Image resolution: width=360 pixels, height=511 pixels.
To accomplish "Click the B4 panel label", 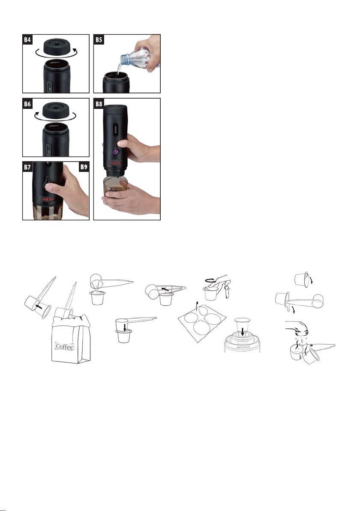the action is coord(28,40).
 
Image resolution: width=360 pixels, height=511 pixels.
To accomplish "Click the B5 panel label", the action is coord(99,40).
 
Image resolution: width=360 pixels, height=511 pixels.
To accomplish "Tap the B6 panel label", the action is coord(28,104).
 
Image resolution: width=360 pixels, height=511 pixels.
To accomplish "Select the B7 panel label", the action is coord(28,167).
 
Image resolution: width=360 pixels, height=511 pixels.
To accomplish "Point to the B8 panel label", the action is coord(99,104).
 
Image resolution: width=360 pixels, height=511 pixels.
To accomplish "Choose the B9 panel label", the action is coord(84,167).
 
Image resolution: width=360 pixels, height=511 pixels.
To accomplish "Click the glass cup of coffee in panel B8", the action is coord(116,187).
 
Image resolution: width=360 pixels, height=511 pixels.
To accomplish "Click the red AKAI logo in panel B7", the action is coord(48,199).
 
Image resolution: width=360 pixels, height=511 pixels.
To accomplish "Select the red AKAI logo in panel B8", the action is coord(115,163).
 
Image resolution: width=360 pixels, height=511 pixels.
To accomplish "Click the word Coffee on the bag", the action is coord(65,346).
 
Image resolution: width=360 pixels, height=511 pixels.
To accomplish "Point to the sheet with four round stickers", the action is coord(202,323).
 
